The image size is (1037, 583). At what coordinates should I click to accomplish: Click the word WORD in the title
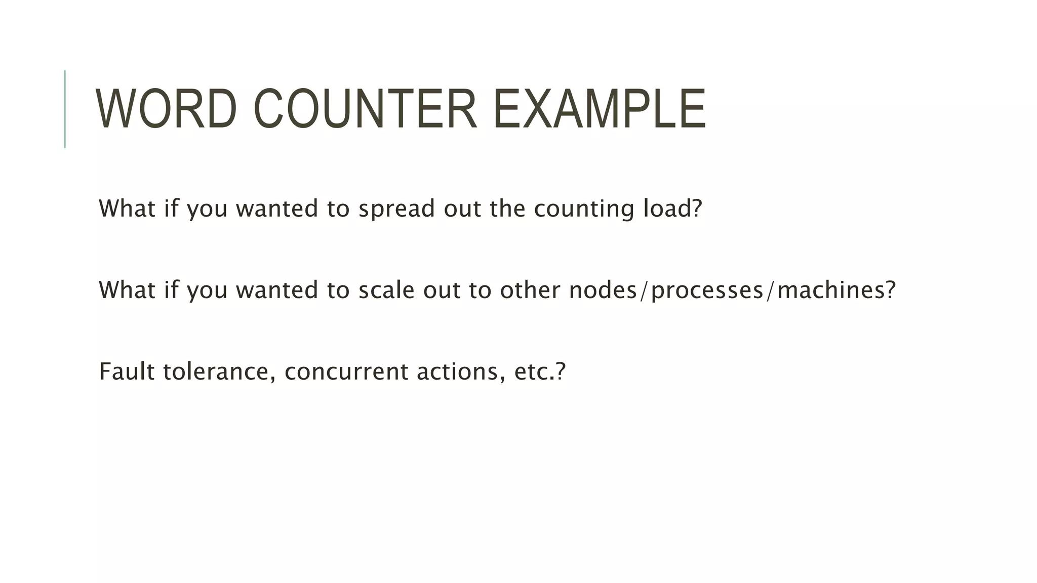(x=166, y=109)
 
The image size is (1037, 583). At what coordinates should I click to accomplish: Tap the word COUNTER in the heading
(x=365, y=109)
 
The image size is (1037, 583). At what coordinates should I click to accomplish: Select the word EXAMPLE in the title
(x=599, y=109)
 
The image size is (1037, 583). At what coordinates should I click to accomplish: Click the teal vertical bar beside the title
(x=65, y=109)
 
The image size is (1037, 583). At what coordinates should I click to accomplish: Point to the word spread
(x=396, y=209)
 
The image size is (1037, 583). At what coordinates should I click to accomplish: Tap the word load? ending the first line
(x=672, y=209)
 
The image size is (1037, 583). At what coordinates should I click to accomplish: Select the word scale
(x=386, y=290)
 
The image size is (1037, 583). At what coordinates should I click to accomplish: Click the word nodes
(x=603, y=290)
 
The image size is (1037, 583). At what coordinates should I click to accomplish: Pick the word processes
(x=707, y=290)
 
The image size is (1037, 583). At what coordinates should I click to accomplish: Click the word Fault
(x=127, y=371)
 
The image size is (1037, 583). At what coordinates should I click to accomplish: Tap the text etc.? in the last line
(x=540, y=371)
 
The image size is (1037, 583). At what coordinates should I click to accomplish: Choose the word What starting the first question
(x=127, y=209)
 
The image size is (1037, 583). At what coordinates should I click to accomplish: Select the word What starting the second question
(x=127, y=290)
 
